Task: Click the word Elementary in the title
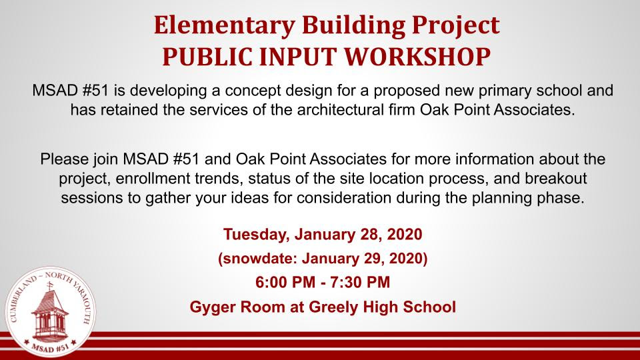coord(224,26)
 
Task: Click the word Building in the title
coord(353,26)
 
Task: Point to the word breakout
coord(556,179)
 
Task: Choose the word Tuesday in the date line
coord(256,234)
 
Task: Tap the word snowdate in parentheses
coord(258,259)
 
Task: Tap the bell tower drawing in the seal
coord(50,311)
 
